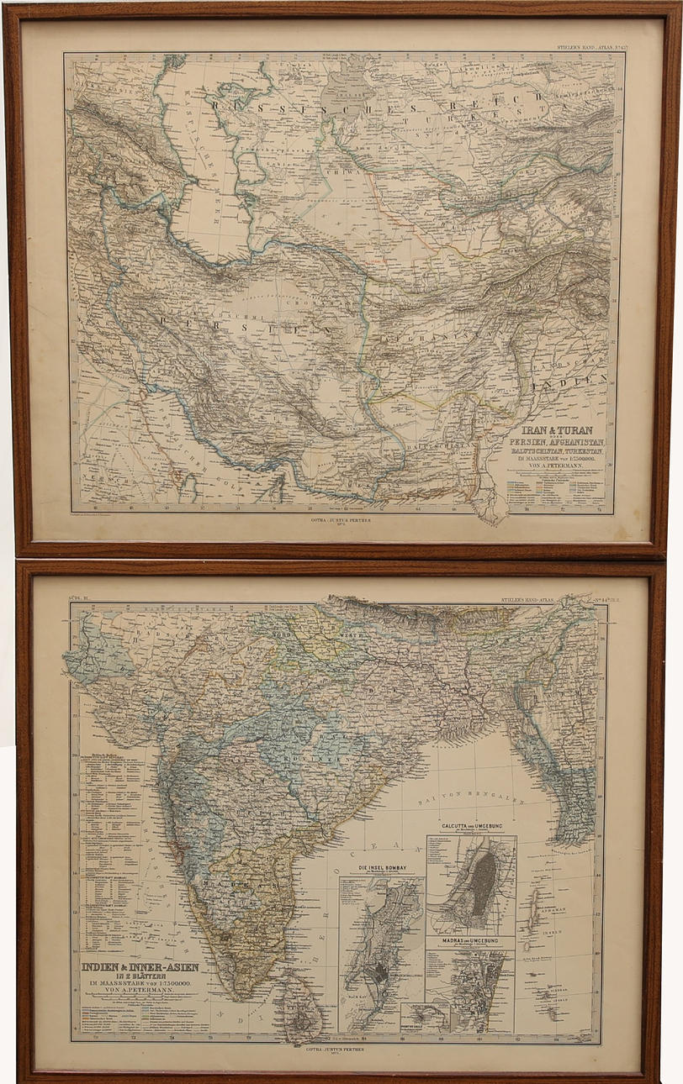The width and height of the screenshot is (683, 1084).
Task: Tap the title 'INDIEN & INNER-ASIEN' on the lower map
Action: tap(140, 966)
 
